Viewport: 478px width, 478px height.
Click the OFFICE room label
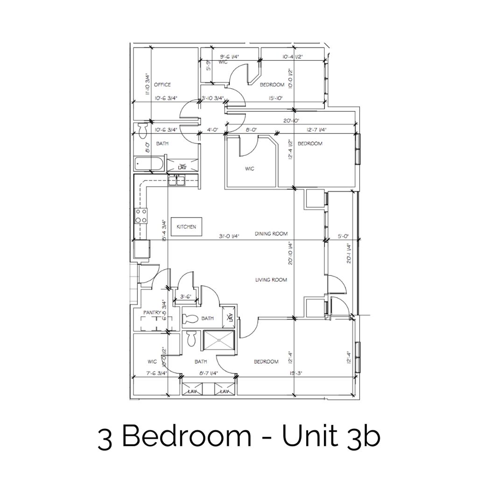pyautogui.click(x=162, y=85)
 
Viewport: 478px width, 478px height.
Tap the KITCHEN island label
pyautogui.click(x=186, y=227)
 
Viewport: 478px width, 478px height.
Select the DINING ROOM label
pyautogui.click(x=271, y=233)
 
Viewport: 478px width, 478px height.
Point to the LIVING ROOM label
pyautogui.click(x=271, y=280)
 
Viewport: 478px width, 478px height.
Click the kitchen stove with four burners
pyautogui.click(x=141, y=216)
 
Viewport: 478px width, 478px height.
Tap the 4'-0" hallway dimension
pyautogui.click(x=212, y=130)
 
